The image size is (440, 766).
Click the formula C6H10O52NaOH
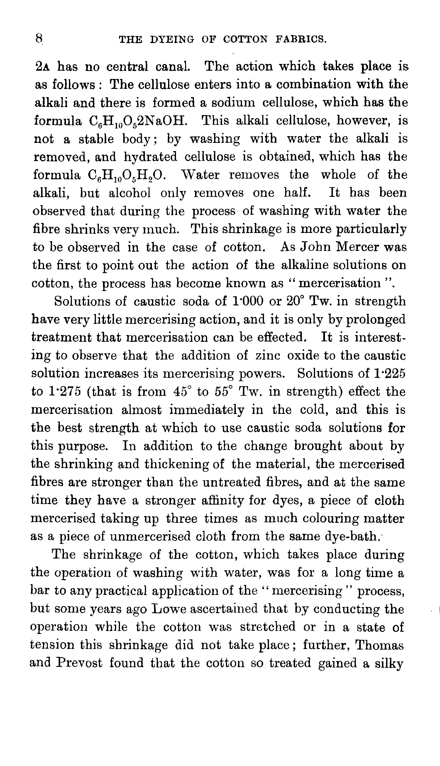pos(139,121)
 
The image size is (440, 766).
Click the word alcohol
pos(130,193)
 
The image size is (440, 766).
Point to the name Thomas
pos(379,645)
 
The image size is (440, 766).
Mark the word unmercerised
pos(150,537)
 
